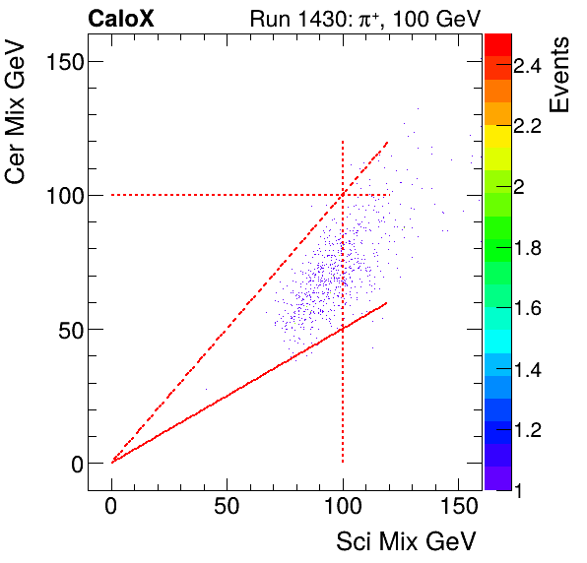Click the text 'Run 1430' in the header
[289, 18]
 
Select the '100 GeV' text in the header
[436, 18]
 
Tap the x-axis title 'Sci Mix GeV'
[407, 540]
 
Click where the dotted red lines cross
[343, 195]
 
